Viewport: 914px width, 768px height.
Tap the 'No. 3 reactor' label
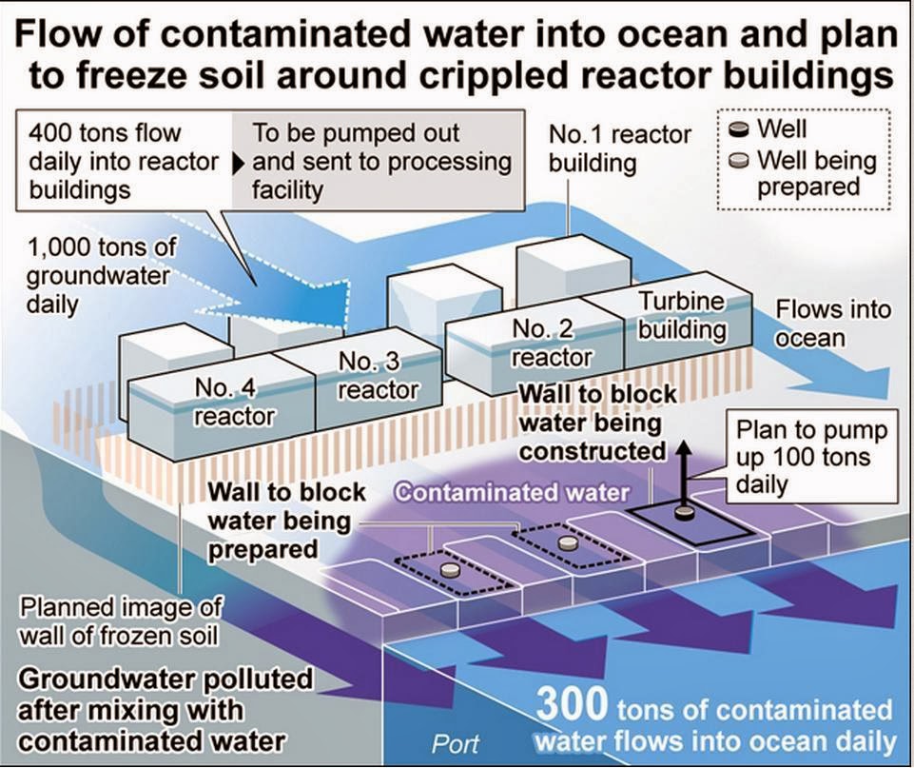point(378,376)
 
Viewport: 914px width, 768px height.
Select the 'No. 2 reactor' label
point(551,344)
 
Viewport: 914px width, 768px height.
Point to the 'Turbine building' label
point(681,316)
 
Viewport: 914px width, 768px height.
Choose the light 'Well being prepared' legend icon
point(738,161)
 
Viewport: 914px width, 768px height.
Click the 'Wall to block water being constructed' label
point(597,422)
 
